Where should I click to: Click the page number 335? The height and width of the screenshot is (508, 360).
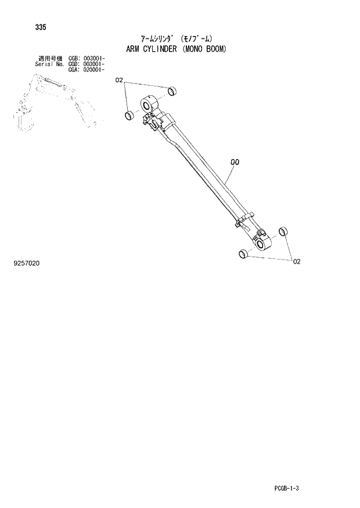[41, 27]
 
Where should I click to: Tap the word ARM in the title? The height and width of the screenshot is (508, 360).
[134, 49]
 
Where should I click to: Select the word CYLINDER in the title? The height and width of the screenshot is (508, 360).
[161, 49]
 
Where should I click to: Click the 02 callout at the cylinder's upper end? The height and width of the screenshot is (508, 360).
[120, 80]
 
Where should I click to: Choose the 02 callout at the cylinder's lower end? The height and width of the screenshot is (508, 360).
[296, 262]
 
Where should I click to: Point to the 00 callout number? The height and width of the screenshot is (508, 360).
[235, 163]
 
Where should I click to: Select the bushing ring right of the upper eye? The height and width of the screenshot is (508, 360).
[171, 91]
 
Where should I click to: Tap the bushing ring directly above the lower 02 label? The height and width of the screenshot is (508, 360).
[283, 232]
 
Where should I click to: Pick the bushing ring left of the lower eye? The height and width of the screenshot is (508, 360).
[243, 253]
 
